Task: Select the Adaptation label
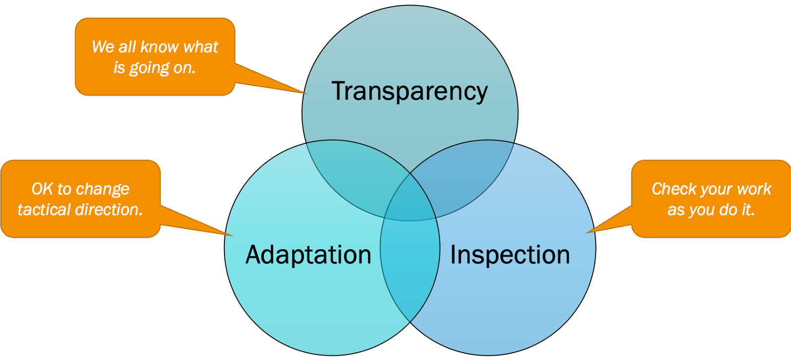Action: [308, 255]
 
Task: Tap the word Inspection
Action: [510, 255]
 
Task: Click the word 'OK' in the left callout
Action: [43, 189]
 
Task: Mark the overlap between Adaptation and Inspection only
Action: [410, 269]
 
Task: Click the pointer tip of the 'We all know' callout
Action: [308, 94]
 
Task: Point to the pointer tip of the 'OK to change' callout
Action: [233, 236]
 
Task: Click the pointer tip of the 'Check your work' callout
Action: [586, 233]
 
